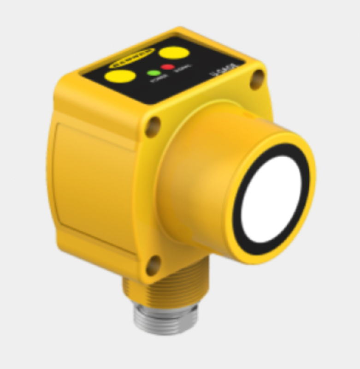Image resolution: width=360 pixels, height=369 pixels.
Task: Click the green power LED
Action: [x=152, y=73]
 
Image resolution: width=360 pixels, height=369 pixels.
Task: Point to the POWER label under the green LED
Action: [x=156, y=82]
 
